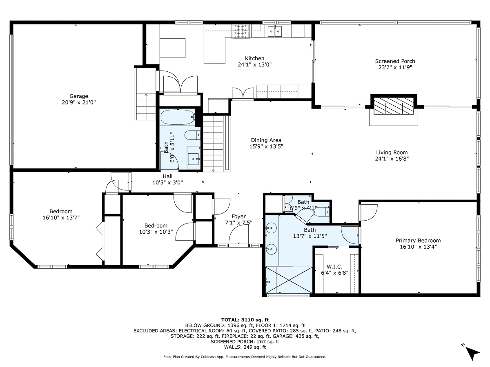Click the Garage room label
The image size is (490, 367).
[78, 96]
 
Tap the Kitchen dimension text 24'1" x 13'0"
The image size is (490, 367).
[254, 64]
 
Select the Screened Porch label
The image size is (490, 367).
[395, 61]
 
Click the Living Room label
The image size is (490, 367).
[392, 153]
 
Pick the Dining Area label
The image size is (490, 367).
[266, 140]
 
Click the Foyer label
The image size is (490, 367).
[238, 217]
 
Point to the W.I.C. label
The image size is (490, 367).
[328, 267]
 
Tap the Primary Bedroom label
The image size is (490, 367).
[418, 241]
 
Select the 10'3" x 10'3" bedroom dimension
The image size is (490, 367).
[156, 232]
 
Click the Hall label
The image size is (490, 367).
[167, 176]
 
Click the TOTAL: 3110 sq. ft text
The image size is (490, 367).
[245, 320]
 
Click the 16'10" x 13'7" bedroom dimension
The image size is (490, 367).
[61, 217]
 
